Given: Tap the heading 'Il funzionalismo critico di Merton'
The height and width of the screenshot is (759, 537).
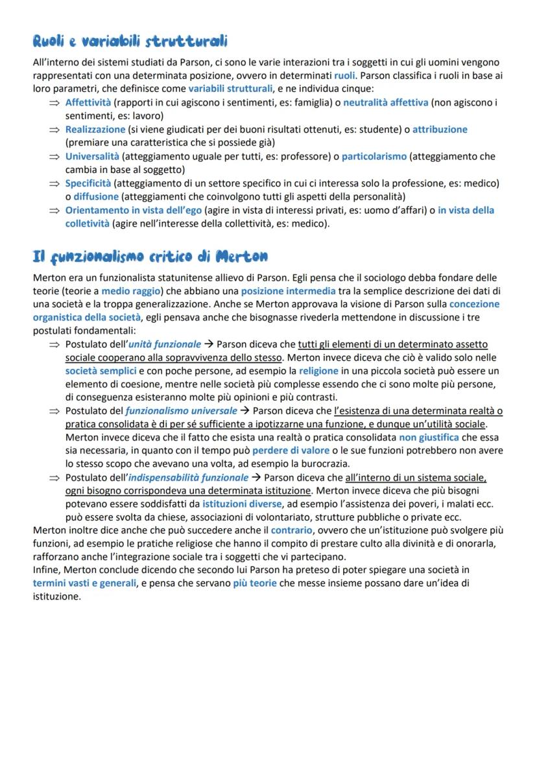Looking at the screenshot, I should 150,256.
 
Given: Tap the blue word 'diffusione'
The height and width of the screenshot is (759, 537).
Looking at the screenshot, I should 91,196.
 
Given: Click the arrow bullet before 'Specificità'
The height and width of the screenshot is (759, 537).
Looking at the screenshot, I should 54,183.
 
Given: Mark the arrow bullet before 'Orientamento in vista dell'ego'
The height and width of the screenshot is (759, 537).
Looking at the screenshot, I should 54,210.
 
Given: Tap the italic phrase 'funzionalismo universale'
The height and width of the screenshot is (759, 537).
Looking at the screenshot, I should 181,411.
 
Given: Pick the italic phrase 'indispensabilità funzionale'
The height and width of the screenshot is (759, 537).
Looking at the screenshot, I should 189,478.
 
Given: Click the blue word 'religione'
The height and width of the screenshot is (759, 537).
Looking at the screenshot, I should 318,371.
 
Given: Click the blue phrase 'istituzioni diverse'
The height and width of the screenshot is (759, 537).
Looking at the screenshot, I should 242,504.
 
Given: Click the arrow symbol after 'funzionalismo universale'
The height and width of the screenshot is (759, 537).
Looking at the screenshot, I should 245,411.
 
